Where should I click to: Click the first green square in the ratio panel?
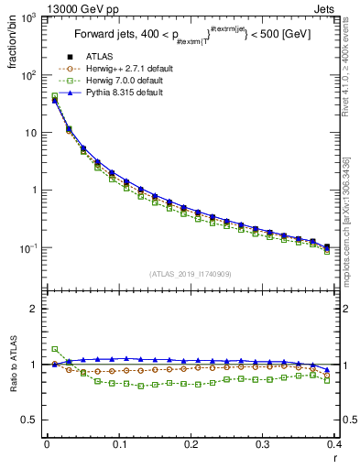pos(54,349)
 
